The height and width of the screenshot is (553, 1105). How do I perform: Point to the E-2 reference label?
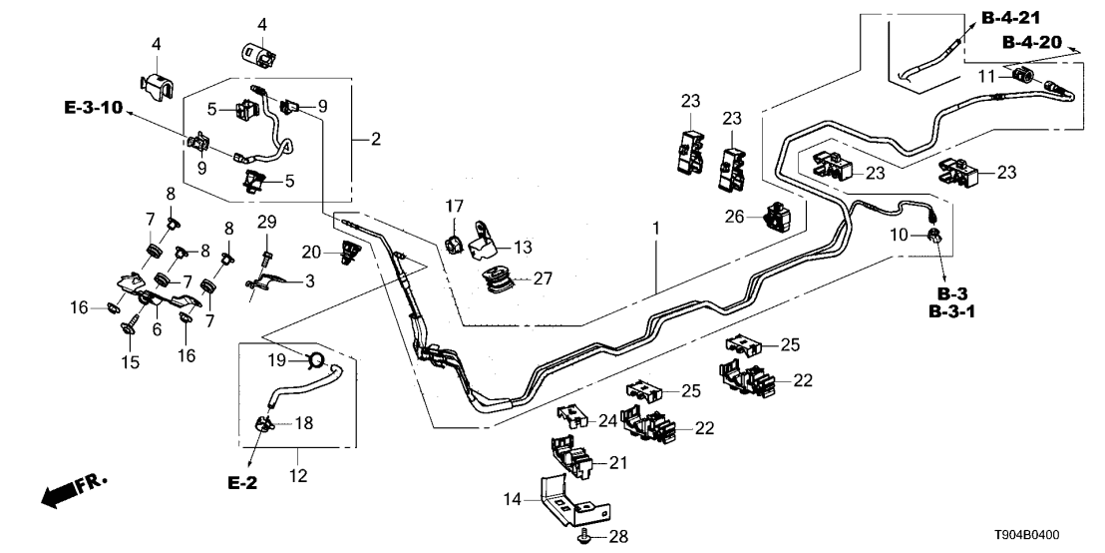pos(242,483)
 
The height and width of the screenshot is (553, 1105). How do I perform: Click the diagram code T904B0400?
pos(1050,536)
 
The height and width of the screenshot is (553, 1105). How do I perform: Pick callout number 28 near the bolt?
pos(619,538)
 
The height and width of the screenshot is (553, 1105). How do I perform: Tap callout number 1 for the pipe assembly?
pos(656,230)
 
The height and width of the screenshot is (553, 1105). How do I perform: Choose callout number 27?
pos(544,278)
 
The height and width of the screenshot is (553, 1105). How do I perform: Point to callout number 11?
pos(987,76)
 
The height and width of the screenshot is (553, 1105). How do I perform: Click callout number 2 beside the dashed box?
pos(376,139)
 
